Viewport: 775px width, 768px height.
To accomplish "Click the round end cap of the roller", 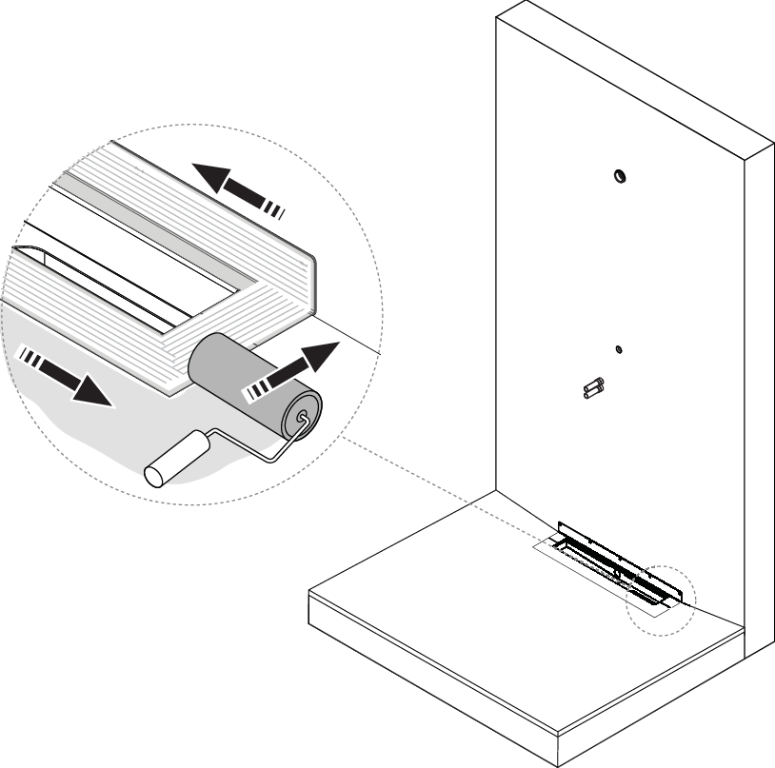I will coord(303,417).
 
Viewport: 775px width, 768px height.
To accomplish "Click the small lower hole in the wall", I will coord(618,349).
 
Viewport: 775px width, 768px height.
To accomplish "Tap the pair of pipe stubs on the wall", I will coord(594,387).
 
